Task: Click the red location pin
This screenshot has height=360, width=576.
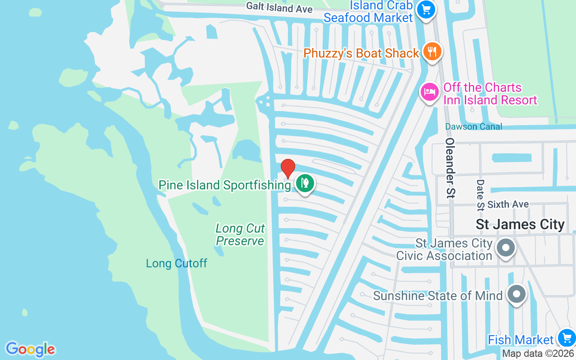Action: coord(288,168)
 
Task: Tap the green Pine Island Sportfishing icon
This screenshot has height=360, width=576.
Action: coord(305,183)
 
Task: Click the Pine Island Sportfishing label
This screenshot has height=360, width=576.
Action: coord(225,185)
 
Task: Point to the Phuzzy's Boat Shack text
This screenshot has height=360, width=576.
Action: coord(361,53)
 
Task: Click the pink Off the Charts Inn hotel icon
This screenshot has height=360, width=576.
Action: coord(429,92)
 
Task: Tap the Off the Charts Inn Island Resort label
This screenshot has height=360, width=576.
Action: coord(490,93)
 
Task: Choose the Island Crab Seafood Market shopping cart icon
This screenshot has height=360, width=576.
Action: coord(425,9)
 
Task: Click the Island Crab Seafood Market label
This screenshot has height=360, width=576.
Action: coord(369,12)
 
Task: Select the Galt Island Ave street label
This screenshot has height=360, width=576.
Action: coord(279,7)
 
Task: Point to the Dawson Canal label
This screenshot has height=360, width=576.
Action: coord(473,126)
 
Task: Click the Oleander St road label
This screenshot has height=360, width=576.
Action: coord(450,167)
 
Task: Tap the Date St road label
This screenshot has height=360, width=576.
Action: coord(480,195)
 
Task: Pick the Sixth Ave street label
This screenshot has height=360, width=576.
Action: coord(508,204)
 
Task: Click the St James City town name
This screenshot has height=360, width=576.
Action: coord(520,224)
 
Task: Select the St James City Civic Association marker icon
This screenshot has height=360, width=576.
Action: coord(506,247)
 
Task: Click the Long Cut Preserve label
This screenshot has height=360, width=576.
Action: coord(240,234)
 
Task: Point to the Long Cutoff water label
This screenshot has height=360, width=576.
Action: coord(176,263)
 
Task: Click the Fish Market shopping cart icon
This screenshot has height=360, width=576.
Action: coord(565,338)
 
